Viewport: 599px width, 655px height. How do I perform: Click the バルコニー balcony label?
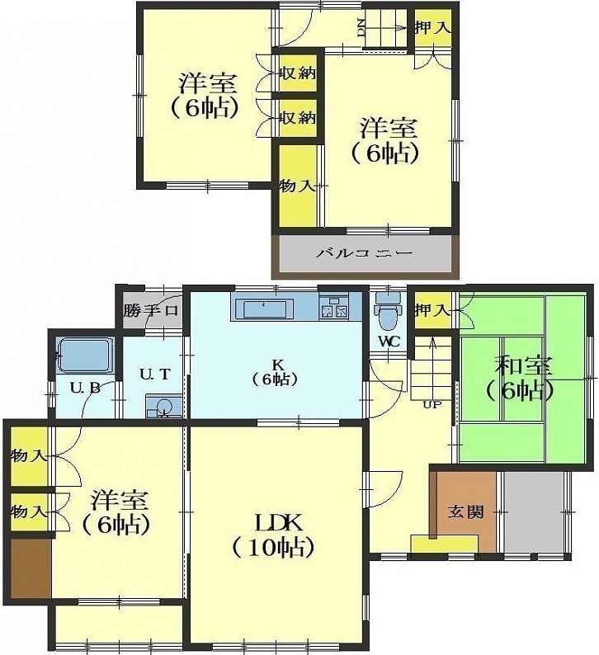[x=363, y=253]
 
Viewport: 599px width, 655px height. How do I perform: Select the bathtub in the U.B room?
[x=85, y=355]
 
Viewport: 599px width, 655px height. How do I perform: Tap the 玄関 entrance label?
[x=465, y=511]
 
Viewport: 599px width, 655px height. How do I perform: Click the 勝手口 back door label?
[x=151, y=310]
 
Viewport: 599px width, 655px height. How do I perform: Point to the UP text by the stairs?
[x=432, y=404]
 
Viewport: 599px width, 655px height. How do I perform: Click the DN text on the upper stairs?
[x=361, y=27]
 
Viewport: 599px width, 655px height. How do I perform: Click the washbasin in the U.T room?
[x=163, y=406]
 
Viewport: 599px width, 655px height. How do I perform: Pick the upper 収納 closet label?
[x=297, y=74]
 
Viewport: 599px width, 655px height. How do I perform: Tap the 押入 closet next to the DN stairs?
[x=432, y=27]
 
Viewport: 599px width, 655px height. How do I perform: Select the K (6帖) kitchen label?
[x=276, y=372]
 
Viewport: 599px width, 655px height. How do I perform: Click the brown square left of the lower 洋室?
[x=31, y=568]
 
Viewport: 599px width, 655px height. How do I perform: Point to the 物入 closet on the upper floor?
[x=297, y=186]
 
